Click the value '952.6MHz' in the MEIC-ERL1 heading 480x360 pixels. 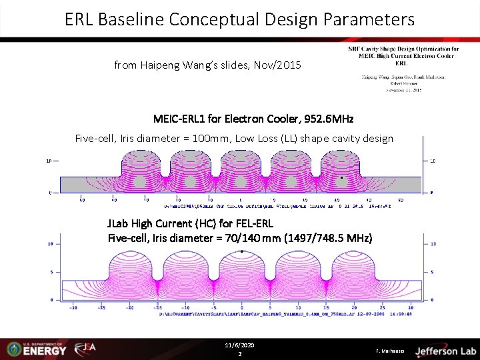(329, 119)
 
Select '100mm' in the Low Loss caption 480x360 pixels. (217, 139)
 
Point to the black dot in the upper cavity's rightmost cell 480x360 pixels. (342, 178)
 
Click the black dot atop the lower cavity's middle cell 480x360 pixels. (241, 251)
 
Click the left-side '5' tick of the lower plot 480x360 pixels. (51, 272)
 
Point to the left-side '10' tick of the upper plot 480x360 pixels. (49, 161)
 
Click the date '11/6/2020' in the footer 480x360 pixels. (240, 345)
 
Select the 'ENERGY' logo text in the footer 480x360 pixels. (45, 351)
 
